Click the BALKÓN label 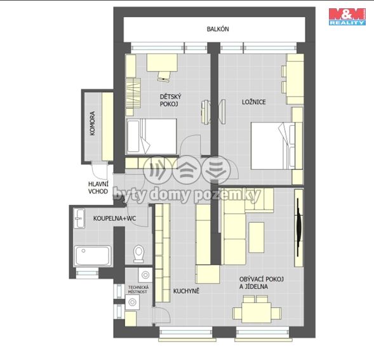point(218,29)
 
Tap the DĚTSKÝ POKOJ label point(170,100)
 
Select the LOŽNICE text point(254,102)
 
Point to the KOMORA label point(93,123)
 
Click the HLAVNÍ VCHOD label point(98,187)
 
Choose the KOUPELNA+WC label point(114,218)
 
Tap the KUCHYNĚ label point(186,291)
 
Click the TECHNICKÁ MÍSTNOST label point(138,290)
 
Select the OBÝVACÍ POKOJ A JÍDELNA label point(262,283)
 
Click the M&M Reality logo point(347,17)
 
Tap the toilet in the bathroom point(138,253)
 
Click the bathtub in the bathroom point(93,255)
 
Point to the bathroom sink point(79,218)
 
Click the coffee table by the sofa point(257,237)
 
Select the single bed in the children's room point(152,137)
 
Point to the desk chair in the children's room point(164,76)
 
